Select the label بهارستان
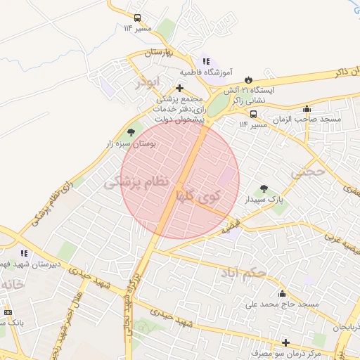163,53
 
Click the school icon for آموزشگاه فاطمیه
205,62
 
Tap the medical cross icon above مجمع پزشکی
181,88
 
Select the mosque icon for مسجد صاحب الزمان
306,109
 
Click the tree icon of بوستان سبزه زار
130,131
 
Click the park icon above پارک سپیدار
264,188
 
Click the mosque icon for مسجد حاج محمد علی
282,294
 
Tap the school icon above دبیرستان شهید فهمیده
23,253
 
